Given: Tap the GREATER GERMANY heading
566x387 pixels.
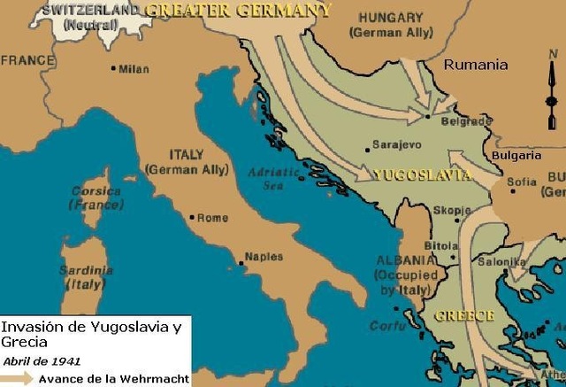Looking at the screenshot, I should [x=238, y=11].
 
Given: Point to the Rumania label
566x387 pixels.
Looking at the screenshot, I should [x=476, y=65].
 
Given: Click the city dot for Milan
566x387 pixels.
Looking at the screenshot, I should [x=113, y=67].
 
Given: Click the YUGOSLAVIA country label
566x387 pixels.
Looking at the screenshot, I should [x=422, y=174].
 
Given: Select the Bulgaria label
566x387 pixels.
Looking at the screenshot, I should [x=517, y=155].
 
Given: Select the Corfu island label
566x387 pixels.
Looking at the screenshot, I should [x=386, y=325].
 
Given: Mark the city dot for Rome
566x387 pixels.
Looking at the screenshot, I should [x=192, y=216].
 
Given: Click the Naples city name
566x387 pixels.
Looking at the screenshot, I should [x=264, y=257].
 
